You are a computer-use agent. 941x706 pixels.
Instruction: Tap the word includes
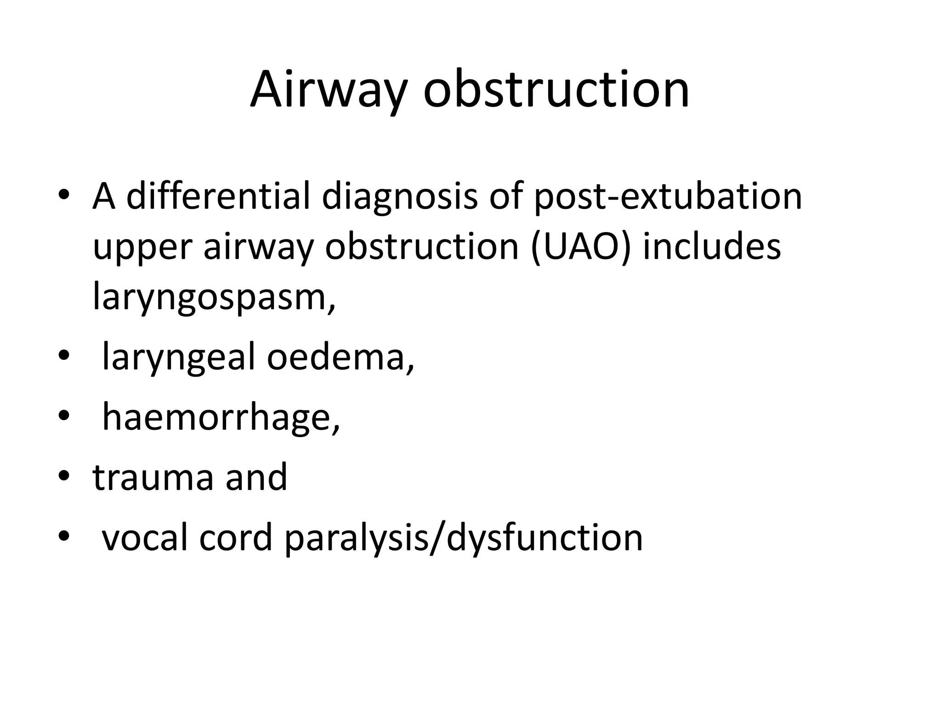coord(712,246)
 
